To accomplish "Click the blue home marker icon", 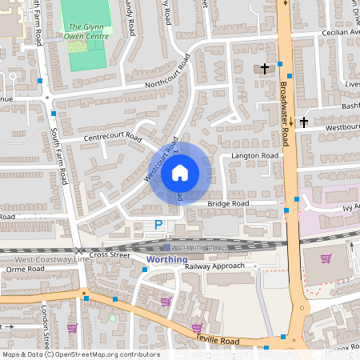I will (x=180, y=172).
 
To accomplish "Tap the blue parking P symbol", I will (x=158, y=226).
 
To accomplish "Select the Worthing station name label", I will (x=167, y=260).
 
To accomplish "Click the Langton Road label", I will (x=254, y=155).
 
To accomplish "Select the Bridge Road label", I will (x=229, y=204).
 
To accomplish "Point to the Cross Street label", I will (x=109, y=254).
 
